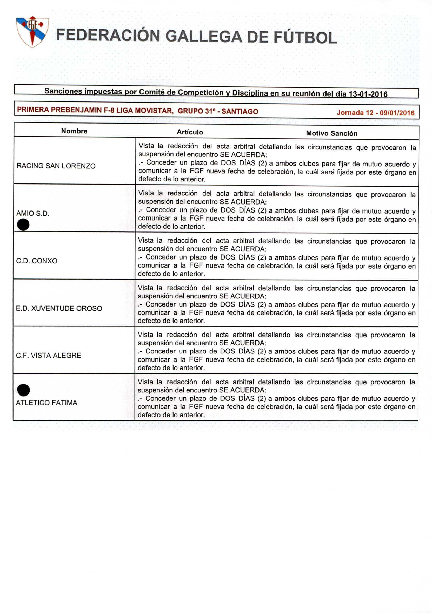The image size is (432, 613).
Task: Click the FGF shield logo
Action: (32, 32)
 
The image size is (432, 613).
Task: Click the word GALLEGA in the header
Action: (204, 37)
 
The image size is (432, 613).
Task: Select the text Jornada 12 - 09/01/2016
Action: (375, 113)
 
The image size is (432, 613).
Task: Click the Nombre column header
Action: (74, 131)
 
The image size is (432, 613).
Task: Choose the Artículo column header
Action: (190, 132)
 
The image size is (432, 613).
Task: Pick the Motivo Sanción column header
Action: (331, 133)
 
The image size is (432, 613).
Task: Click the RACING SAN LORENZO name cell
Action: (56, 166)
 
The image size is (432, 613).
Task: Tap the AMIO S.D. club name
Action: (33, 213)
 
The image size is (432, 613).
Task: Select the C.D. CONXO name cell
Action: (37, 261)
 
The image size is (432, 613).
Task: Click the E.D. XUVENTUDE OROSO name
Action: (59, 308)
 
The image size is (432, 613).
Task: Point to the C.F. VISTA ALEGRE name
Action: (48, 355)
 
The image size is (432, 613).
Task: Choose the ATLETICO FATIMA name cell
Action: (46, 403)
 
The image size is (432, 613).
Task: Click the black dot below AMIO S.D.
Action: (23, 224)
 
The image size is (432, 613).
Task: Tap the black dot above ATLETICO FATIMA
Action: (24, 390)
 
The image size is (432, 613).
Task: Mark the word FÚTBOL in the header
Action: (305, 38)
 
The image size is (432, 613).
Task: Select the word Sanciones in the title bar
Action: (63, 91)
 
